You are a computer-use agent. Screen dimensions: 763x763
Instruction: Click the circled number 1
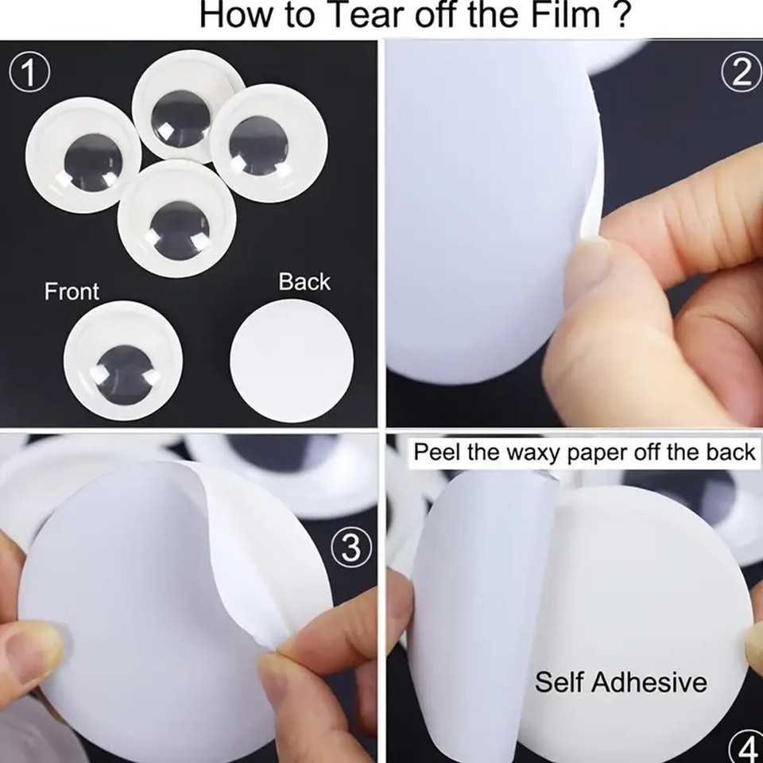click(29, 74)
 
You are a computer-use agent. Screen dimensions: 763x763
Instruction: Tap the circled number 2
click(741, 74)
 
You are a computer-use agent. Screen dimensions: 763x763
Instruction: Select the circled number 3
click(351, 547)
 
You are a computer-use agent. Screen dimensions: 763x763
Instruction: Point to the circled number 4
click(747, 747)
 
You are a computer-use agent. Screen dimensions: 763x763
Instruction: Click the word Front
click(72, 291)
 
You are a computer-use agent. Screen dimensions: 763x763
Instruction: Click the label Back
click(304, 281)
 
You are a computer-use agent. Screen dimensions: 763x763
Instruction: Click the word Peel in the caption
click(436, 452)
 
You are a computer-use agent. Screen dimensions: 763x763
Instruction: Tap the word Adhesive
click(649, 682)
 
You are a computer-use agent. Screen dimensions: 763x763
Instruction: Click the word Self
click(559, 682)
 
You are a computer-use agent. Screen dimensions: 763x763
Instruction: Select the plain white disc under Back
click(292, 362)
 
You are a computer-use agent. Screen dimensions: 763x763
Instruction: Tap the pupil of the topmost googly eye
click(180, 118)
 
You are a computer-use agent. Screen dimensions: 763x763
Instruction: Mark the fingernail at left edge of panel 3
click(30, 649)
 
